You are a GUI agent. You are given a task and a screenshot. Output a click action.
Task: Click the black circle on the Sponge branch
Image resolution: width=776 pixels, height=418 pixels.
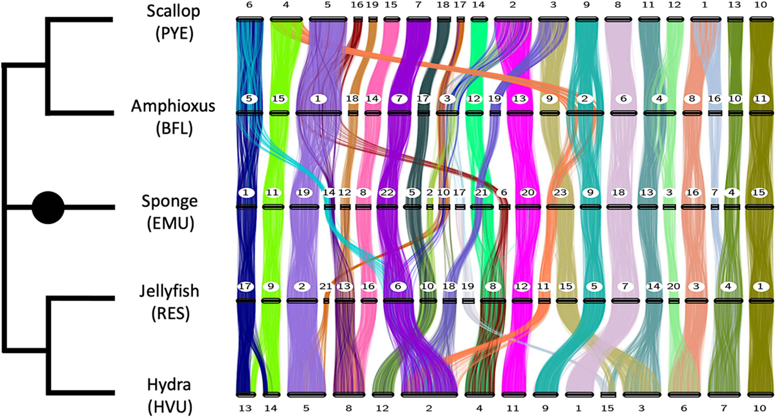48,208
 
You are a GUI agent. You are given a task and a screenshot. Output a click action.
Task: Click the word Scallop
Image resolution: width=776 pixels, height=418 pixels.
173,11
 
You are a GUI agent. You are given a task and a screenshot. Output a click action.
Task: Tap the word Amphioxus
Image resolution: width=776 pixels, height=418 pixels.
173,106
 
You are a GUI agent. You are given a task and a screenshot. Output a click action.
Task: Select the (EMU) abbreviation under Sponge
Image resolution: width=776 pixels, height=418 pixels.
170,223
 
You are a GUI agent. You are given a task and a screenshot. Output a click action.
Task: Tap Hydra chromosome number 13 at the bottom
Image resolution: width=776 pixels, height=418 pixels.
245,408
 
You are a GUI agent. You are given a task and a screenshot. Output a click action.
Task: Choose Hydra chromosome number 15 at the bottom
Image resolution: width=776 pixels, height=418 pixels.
607,408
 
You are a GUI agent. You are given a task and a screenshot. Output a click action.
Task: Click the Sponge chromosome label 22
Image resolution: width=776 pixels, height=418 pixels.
387,192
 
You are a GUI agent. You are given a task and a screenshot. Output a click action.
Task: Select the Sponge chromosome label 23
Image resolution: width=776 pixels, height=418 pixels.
560,192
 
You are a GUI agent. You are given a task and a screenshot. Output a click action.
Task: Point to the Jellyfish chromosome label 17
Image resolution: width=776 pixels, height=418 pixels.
245,286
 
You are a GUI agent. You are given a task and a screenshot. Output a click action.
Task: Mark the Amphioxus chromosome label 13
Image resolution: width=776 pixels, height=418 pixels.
519,98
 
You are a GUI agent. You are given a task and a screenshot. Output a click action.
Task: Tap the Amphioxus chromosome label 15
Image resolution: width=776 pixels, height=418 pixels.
278,98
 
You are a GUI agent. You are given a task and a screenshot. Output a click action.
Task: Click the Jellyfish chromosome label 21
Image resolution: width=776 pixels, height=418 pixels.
326,286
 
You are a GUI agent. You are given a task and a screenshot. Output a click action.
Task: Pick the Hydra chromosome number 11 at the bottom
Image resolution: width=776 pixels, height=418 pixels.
512,408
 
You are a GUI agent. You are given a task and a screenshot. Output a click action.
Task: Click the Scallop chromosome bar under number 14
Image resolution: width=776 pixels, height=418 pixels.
479,20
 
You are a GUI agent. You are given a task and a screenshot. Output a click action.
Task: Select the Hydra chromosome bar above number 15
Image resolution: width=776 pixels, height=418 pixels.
608,394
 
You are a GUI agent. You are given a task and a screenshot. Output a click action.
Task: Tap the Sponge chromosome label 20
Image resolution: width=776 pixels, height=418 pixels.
527,192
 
